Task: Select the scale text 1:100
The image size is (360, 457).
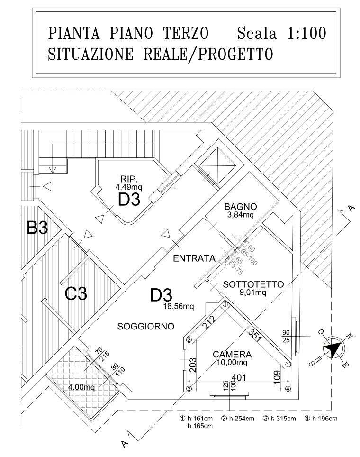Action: [x=304, y=34]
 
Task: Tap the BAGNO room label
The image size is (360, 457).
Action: [x=241, y=207]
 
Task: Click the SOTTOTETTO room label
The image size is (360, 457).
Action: [x=253, y=284]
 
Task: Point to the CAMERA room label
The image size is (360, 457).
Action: [x=232, y=354]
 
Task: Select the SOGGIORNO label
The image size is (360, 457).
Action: [x=145, y=326]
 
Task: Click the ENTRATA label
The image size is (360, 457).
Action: [x=194, y=258]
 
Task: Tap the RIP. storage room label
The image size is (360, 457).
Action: [x=129, y=179]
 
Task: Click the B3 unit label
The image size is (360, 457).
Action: [x=37, y=228]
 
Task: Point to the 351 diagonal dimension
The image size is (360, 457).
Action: [x=255, y=333]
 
